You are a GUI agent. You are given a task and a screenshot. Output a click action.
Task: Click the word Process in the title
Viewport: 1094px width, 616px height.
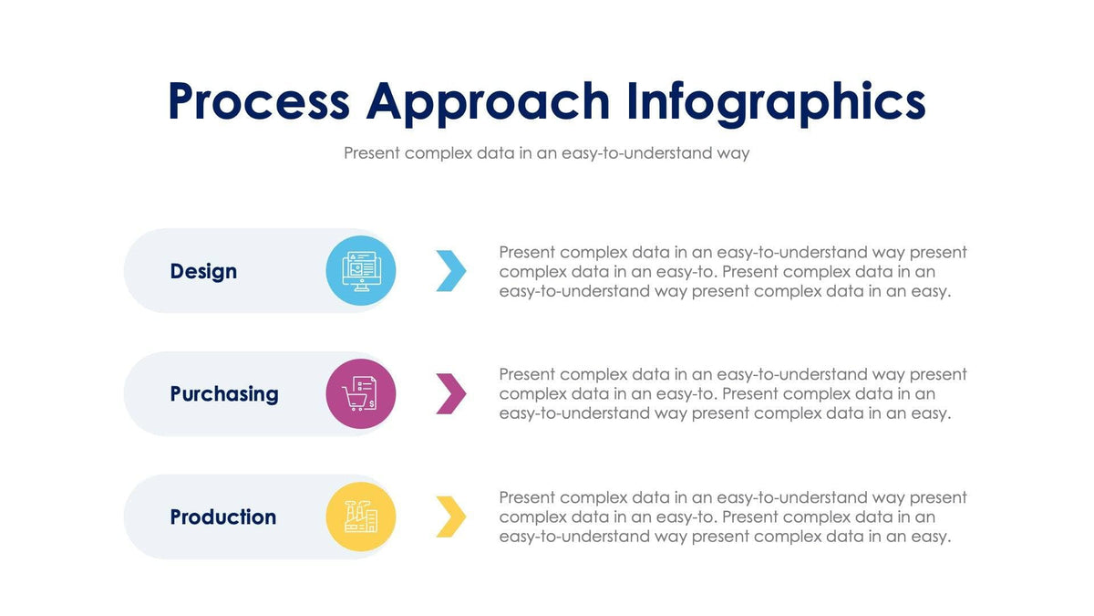coord(259,101)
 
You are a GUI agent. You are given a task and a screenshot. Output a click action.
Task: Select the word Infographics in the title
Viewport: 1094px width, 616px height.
coord(775,101)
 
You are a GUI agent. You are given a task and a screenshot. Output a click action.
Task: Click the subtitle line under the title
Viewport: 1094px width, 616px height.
coord(546,153)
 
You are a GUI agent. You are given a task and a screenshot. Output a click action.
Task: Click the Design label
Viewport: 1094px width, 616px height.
coord(203,271)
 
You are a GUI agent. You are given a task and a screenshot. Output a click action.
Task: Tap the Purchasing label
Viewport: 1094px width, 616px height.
coord(224,394)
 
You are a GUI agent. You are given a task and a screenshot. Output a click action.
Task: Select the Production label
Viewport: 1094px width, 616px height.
coord(223,517)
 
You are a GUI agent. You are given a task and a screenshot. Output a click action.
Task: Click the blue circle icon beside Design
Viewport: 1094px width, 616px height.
coord(361,270)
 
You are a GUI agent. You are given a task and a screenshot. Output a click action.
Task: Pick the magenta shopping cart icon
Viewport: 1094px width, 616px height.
coord(361,393)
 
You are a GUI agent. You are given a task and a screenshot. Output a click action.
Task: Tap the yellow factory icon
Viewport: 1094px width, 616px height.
coord(361,517)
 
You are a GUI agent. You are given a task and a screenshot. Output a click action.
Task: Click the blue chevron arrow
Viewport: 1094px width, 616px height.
coord(451,270)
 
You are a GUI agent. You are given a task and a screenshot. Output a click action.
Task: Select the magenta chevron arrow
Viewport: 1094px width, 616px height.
coord(451,393)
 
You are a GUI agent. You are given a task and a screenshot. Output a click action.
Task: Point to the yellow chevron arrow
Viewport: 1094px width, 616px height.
coord(451,517)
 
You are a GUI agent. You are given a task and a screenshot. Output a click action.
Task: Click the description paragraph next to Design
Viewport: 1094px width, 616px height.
coord(732,271)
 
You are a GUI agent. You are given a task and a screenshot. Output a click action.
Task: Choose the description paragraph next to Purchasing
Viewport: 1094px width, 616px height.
coord(732,394)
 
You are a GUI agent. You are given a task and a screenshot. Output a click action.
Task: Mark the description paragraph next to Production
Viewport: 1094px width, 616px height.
coord(732,517)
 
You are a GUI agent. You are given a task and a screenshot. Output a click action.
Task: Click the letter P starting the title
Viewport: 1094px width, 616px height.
coord(185,101)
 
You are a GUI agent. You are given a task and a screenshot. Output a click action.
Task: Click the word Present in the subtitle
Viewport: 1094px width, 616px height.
coord(372,153)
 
